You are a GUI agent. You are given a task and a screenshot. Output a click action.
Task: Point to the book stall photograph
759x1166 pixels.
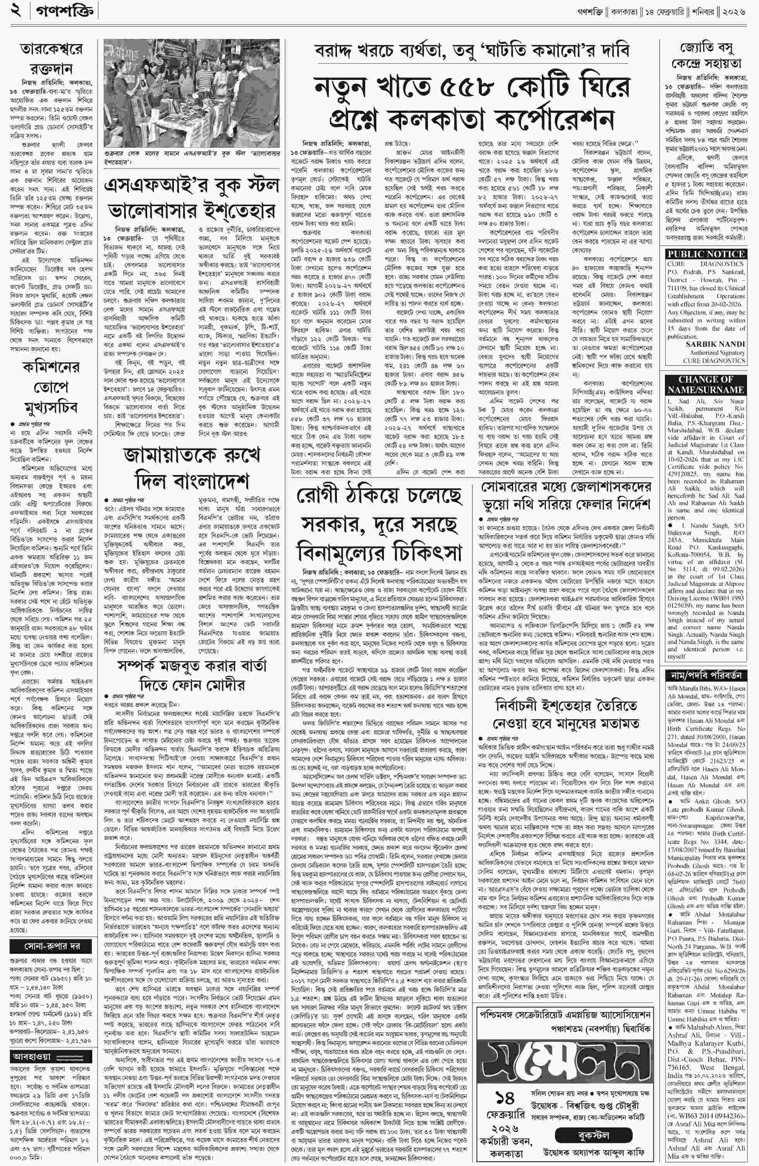pos(191,93)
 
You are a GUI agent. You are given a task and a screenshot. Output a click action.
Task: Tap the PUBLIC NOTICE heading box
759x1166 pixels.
pos(706,254)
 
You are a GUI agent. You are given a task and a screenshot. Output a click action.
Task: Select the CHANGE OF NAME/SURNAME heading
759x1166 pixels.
pos(706,384)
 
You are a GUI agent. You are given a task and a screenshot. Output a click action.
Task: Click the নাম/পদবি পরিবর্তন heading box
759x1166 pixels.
pos(706,675)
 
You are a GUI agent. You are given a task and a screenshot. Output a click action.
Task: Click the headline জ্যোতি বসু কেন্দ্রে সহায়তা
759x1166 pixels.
pos(706,56)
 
